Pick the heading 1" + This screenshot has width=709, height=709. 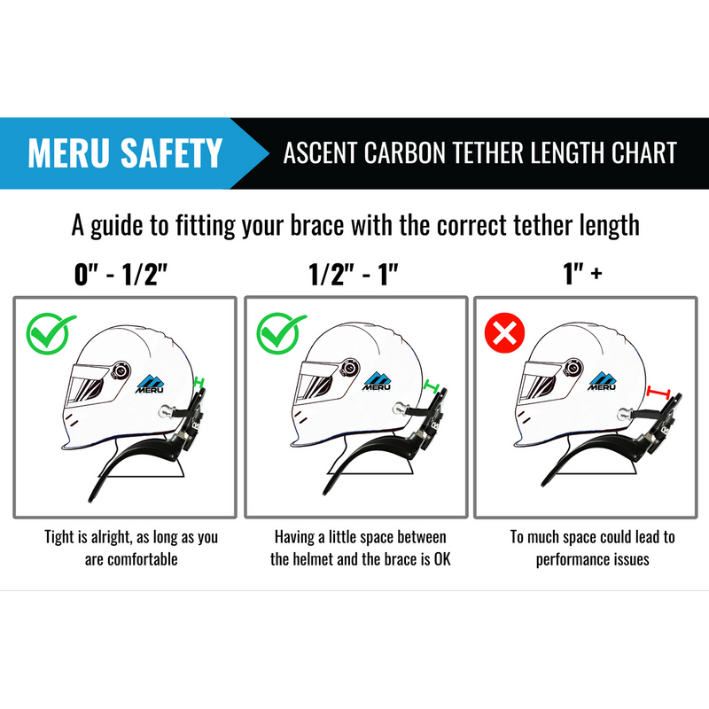point(583,274)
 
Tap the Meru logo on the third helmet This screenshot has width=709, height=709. point(603,380)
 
